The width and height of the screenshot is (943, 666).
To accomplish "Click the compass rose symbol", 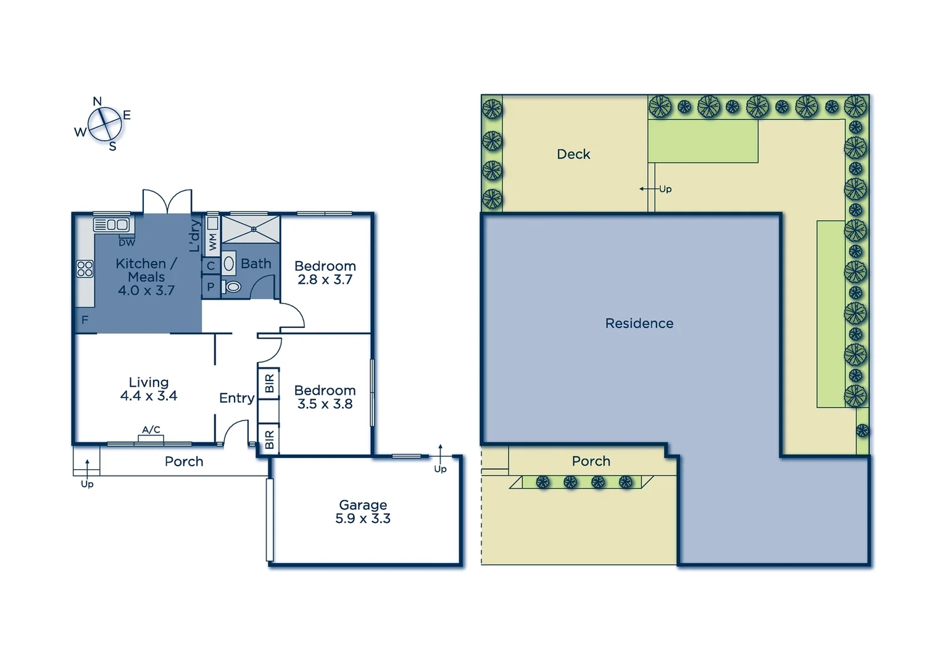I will (x=104, y=125).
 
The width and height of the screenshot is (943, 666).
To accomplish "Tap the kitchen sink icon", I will (x=112, y=224).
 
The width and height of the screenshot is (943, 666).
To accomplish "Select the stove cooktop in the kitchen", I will (x=85, y=268).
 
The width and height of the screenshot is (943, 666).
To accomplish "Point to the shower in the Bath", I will (x=251, y=229).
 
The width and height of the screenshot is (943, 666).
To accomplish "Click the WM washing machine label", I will (x=212, y=241).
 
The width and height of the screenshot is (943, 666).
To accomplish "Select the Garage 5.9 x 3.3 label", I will (x=363, y=512).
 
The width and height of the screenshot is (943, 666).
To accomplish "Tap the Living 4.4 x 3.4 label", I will (x=149, y=389).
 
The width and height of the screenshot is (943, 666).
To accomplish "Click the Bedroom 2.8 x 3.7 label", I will (x=325, y=273).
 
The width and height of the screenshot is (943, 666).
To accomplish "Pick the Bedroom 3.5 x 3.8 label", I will (x=325, y=397).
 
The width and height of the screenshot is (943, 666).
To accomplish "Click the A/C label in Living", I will (x=151, y=430).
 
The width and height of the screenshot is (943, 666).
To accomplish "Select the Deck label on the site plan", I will (x=573, y=154).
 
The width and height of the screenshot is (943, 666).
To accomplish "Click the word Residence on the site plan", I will (x=639, y=323).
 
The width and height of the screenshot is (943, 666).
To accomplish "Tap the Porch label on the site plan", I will (x=591, y=461).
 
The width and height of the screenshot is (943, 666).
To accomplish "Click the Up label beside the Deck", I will (x=665, y=189).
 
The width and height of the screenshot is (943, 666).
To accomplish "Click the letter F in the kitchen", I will (x=85, y=319).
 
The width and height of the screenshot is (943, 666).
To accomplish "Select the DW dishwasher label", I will (x=127, y=242).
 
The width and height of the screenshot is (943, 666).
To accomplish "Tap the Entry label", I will (x=236, y=398).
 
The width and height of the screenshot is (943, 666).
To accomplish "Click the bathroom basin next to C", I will (x=229, y=264).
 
